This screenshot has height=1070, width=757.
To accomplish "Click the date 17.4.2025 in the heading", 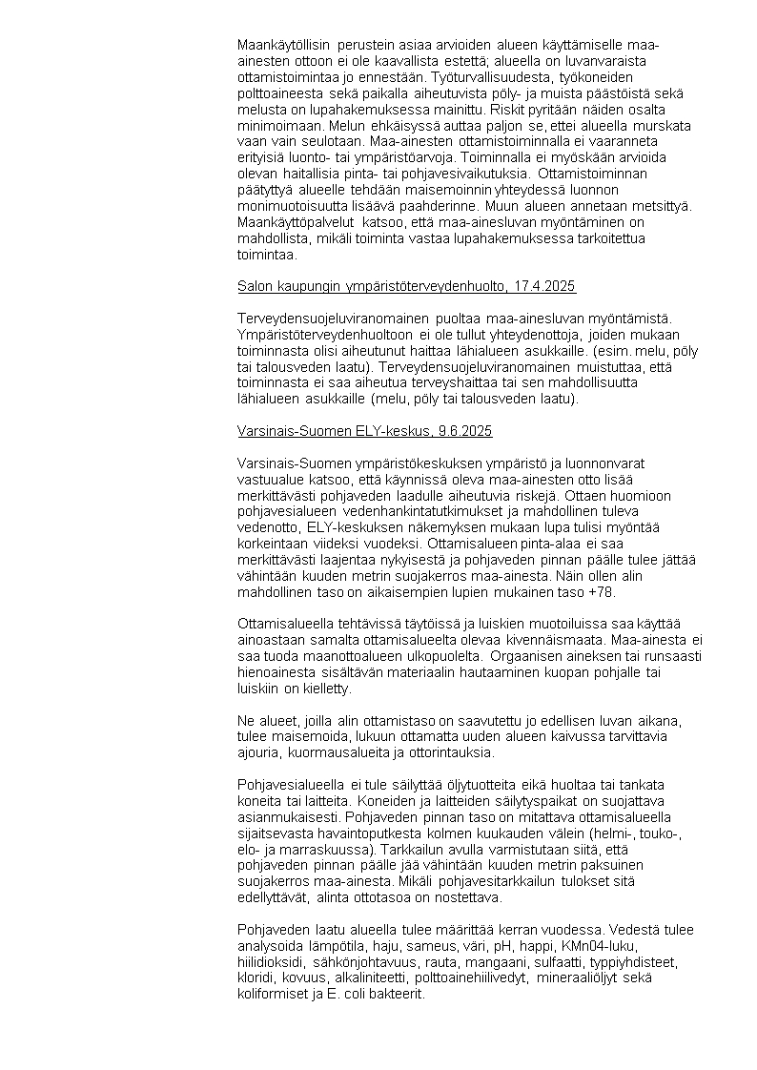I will click(543, 286).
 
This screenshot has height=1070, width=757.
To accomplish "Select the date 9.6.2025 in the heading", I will click(465, 431).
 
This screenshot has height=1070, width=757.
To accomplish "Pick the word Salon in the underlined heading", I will click(255, 286).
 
